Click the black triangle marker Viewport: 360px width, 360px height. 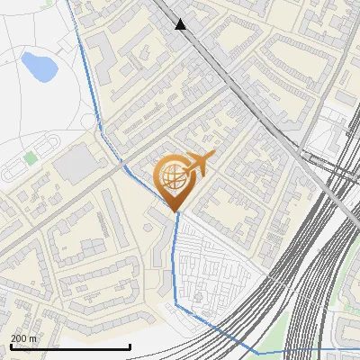181,24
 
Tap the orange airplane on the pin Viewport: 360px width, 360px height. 198,165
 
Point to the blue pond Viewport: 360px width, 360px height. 38,65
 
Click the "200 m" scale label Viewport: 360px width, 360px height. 24,338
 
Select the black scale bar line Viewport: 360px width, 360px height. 70,346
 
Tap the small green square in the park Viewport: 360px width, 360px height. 31,157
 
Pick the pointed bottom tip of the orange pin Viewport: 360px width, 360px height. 177,212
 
